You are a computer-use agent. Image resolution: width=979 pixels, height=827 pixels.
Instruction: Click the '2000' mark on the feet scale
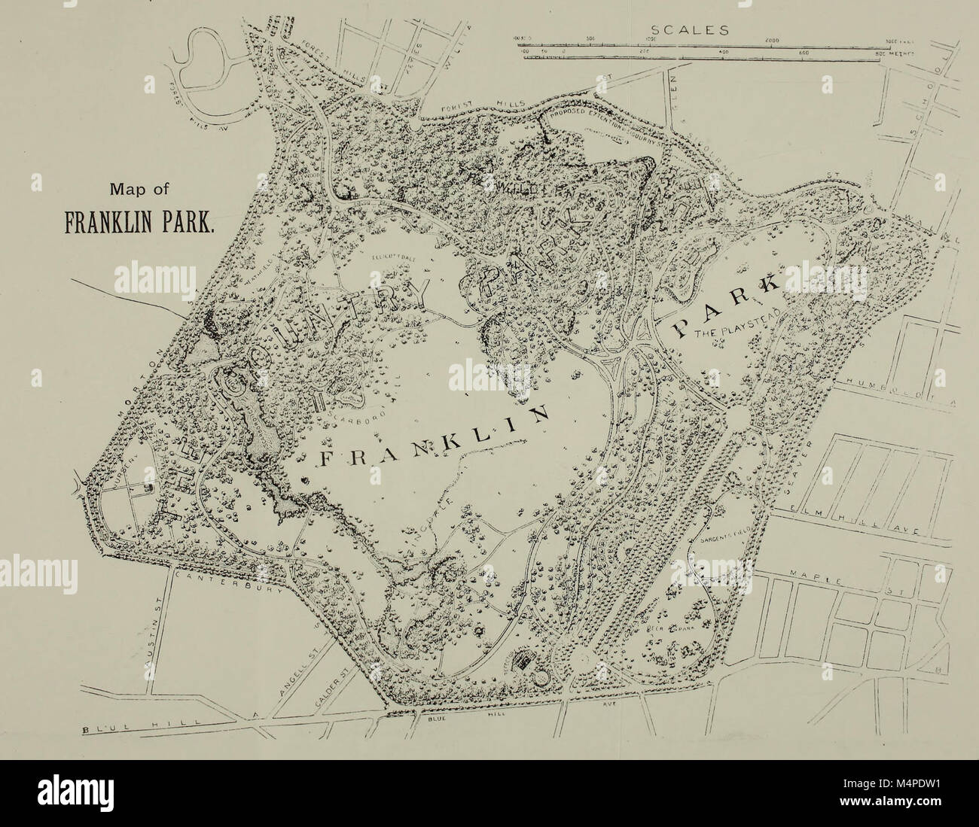(x=772, y=40)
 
